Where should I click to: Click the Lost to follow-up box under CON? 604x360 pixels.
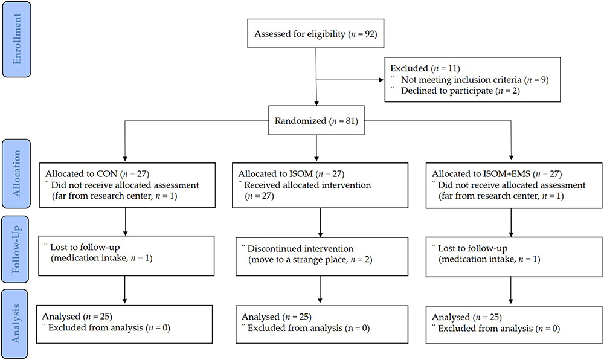click(124, 254)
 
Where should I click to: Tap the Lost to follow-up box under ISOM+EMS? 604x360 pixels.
click(512, 254)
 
